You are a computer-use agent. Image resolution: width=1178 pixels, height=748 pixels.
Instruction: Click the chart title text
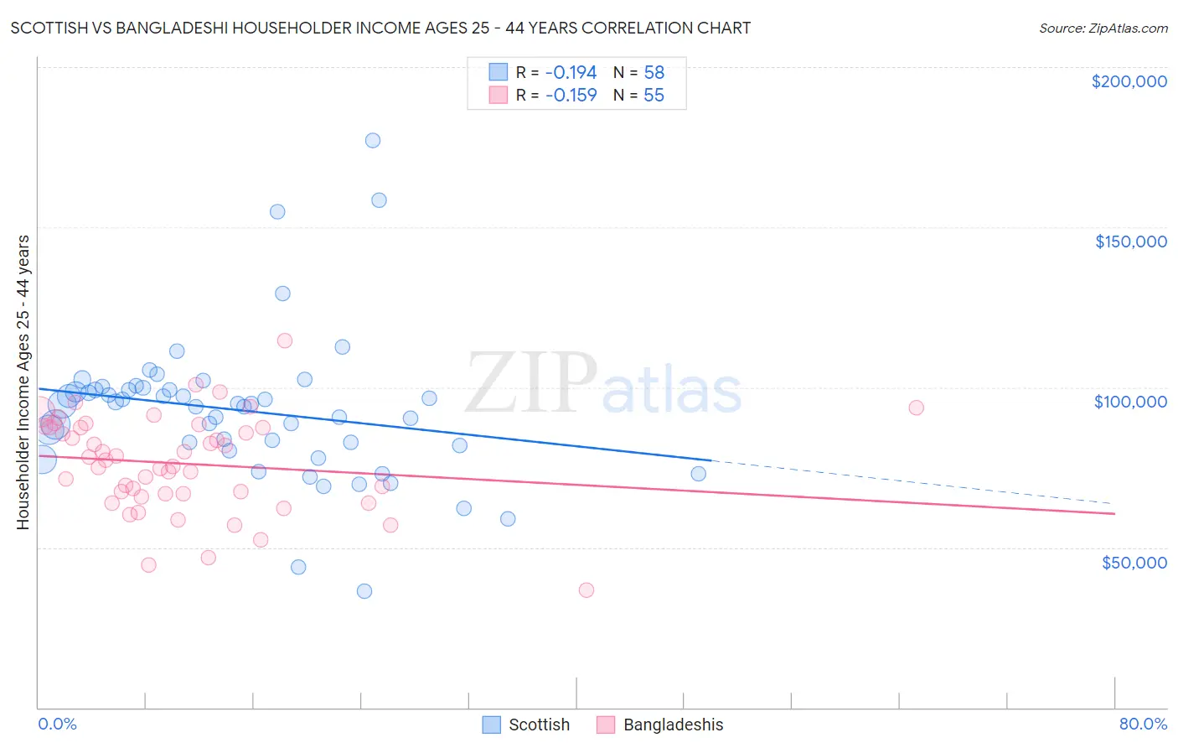(x=380, y=28)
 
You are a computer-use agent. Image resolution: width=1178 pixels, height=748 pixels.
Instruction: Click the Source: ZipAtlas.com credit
(x=1103, y=28)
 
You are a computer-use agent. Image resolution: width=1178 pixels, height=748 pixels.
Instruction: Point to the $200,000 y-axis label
(x=1129, y=81)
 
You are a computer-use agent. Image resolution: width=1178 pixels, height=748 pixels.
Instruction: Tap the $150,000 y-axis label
(x=1130, y=242)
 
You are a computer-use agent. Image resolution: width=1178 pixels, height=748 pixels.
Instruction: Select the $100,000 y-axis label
(x=1130, y=402)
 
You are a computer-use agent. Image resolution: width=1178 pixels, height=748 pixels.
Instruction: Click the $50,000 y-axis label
(x=1134, y=563)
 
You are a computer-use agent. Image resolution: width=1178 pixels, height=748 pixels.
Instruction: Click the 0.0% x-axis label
(x=57, y=724)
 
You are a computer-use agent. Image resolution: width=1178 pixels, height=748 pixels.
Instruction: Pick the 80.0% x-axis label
(x=1143, y=724)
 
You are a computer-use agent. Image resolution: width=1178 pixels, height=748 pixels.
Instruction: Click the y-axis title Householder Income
(x=23, y=382)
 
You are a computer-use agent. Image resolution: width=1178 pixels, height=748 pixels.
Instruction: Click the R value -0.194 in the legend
(x=571, y=73)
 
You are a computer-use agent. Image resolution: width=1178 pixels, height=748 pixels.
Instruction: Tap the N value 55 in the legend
(x=654, y=96)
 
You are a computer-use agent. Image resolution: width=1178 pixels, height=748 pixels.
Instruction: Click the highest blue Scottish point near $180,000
(x=373, y=140)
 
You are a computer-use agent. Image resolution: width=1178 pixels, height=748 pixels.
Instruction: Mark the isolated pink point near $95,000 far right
(x=916, y=408)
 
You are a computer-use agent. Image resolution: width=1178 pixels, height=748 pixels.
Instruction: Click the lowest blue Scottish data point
(x=364, y=591)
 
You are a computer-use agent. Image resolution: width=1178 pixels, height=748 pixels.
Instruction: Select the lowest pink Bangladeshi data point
(x=586, y=590)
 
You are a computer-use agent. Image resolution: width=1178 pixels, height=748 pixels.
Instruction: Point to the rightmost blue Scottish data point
(x=698, y=474)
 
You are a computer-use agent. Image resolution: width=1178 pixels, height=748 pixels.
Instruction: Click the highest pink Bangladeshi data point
(x=285, y=340)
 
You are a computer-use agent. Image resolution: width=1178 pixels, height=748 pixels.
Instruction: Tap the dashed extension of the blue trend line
(x=913, y=482)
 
